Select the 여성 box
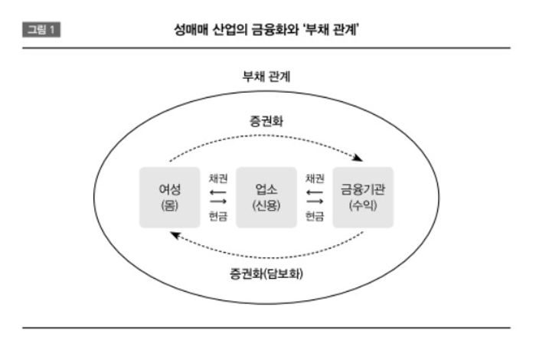169,197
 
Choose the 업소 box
266,197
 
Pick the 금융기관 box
363,197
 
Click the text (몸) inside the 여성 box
169,206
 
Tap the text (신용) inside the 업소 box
266,206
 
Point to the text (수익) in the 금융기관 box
363,206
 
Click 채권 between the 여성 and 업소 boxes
217,178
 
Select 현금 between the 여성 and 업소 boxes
217,216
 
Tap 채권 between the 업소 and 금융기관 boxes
314,178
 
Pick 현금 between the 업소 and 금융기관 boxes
314,216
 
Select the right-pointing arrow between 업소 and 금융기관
314,203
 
